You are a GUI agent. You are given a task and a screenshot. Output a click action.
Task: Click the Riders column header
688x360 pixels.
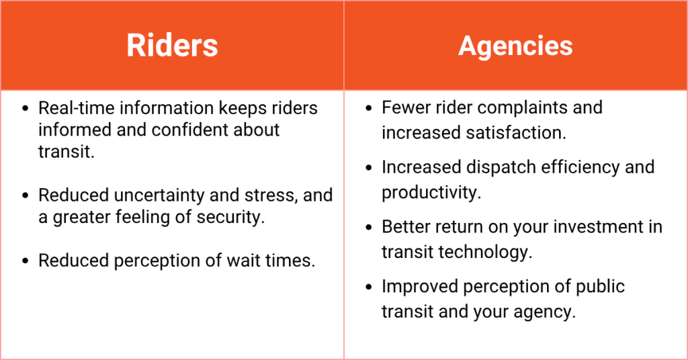[172, 46]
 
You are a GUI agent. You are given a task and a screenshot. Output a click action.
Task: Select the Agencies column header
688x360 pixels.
[515, 46]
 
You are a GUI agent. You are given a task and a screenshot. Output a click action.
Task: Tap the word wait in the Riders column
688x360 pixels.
[241, 261]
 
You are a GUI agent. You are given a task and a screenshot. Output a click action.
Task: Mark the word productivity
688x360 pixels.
[431, 193]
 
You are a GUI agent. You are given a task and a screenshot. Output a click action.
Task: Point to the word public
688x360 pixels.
[600, 287]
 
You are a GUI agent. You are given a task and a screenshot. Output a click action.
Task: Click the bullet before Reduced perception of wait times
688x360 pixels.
[26, 261]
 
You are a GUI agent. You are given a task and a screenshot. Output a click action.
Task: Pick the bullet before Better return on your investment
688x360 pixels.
[369, 228]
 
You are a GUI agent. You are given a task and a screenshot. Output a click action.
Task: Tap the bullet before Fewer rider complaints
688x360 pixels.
[369, 108]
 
